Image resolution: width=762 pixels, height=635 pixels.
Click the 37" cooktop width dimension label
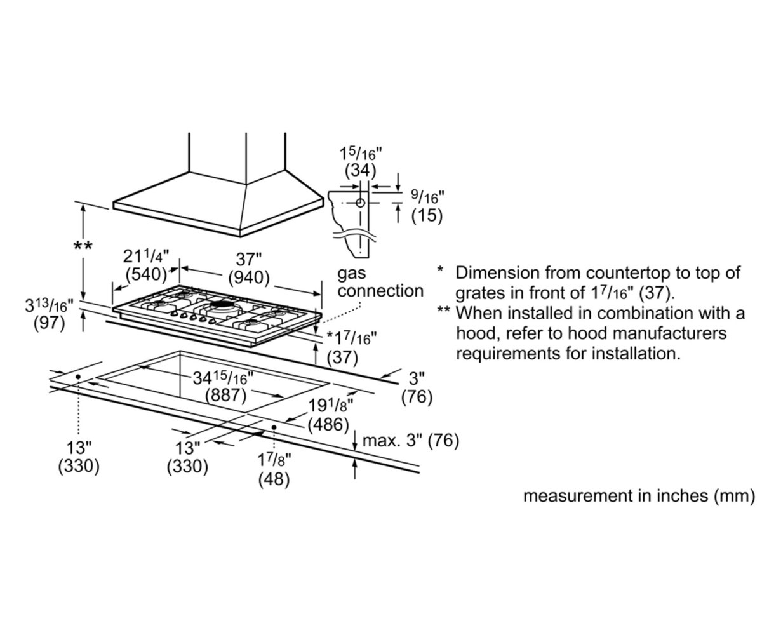coord(249,260)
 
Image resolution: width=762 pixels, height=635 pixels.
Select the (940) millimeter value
coord(249,278)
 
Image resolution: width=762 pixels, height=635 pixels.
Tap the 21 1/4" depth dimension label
coord(146,256)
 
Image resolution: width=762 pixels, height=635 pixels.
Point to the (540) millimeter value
coord(146,274)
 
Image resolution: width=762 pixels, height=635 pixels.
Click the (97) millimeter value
coord(49,324)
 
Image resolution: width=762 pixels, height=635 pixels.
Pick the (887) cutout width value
coord(226,395)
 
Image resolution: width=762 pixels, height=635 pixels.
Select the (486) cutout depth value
coord(328,424)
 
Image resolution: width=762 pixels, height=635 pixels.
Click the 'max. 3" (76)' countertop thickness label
coord(410,441)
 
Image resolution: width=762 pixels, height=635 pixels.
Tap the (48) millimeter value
coord(274,479)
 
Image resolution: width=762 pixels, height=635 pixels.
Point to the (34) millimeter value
coord(361,170)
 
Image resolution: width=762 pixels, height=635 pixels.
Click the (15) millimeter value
coord(427,215)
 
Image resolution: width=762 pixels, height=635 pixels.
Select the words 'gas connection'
coord(380,283)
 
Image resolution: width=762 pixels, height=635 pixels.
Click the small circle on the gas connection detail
coord(360,203)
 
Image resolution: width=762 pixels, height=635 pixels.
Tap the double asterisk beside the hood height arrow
coord(83,246)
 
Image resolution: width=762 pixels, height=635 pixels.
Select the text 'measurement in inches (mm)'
coord(639,496)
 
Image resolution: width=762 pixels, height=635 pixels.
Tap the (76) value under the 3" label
coord(417,397)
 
